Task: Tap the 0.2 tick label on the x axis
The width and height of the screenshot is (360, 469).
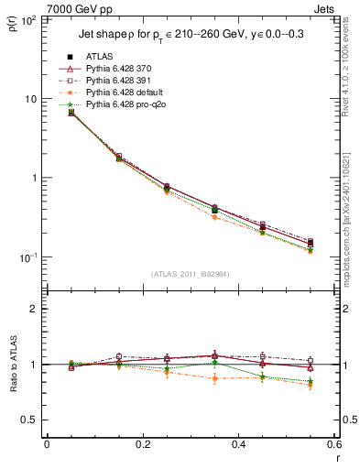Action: point(142,444)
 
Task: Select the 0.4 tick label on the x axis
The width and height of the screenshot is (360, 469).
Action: point(238,444)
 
